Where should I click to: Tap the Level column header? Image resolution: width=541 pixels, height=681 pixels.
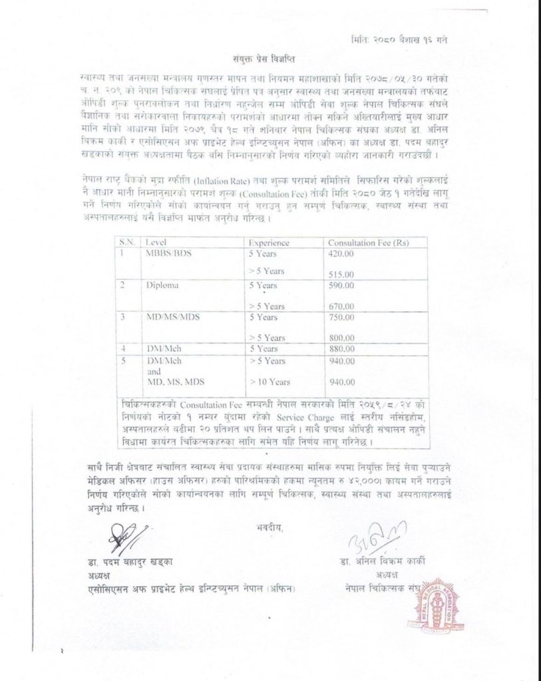point(157,243)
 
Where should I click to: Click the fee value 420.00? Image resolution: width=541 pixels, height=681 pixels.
point(341,253)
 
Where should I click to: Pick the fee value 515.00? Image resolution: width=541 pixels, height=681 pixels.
point(341,274)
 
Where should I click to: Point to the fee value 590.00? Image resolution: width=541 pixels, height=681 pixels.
point(341,285)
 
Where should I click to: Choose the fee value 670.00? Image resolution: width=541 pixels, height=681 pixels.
point(341,306)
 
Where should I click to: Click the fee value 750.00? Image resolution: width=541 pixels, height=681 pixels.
point(341,317)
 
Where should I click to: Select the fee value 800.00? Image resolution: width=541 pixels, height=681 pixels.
point(341,338)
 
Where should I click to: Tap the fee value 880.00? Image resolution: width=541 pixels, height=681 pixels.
point(341,348)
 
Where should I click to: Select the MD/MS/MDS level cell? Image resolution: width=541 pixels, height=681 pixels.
point(170,317)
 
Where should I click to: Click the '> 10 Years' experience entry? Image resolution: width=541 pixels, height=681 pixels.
point(267,381)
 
